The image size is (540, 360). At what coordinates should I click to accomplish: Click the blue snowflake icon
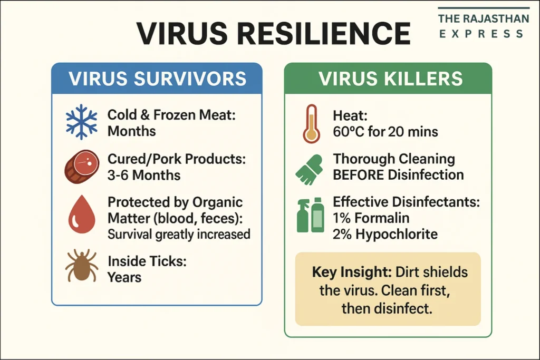(x=82, y=122)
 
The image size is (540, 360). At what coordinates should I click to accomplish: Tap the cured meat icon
(x=82, y=167)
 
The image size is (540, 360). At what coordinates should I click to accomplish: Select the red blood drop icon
(x=82, y=214)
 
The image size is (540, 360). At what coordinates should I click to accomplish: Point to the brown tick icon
(x=82, y=265)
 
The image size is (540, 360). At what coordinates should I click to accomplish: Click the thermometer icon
(x=312, y=124)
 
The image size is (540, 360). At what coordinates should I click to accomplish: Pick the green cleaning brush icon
(x=310, y=170)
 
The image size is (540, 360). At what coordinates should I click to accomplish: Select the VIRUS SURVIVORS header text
(x=157, y=79)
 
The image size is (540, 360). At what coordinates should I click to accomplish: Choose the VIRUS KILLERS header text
(x=391, y=79)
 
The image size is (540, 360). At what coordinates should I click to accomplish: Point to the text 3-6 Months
(x=144, y=175)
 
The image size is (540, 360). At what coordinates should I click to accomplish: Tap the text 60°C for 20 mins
(x=385, y=131)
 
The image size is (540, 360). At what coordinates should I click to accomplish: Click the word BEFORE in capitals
(x=359, y=175)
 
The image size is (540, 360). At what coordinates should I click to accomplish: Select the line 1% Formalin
(x=371, y=218)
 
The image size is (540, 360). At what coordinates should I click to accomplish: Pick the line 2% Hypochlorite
(x=385, y=234)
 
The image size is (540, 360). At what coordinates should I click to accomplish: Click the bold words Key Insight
(x=352, y=272)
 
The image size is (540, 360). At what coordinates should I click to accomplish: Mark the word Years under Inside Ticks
(x=124, y=277)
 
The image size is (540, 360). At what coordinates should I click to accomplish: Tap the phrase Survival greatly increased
(x=179, y=235)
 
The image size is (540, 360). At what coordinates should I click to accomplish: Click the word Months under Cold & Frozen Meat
(x=131, y=131)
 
